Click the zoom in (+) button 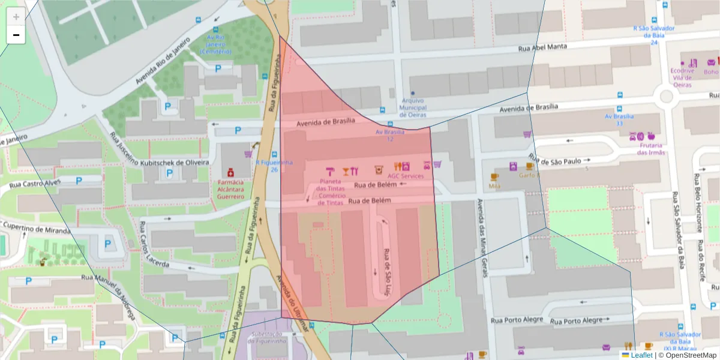point(16,17)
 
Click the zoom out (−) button point(16,35)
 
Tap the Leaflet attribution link point(641,355)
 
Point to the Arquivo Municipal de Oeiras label point(412,107)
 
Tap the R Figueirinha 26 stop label point(274,165)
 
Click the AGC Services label point(406,176)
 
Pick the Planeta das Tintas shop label point(332,185)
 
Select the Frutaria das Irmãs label point(650,148)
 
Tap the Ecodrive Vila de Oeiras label point(682,77)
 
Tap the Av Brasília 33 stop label point(619,119)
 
